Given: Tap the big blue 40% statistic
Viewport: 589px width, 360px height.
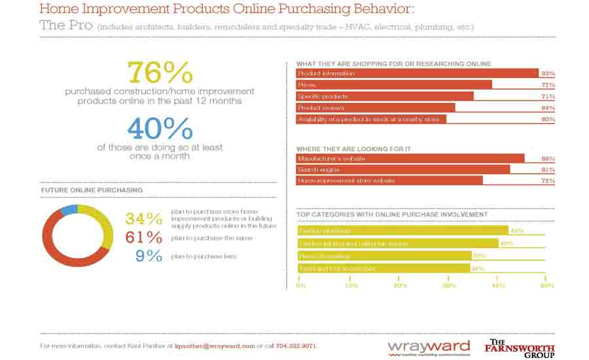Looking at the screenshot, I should pos(160,128).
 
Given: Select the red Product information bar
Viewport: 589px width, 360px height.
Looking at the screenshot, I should pos(417,73).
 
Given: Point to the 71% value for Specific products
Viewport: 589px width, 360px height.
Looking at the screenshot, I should pos(548,96).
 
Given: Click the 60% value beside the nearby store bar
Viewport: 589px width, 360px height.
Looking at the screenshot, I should pos(548,119).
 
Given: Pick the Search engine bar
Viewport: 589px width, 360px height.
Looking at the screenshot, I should pos(402,170).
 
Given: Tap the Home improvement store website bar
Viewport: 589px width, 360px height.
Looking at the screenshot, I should pos(389,181).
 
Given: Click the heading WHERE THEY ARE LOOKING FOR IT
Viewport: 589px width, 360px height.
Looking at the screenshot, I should pos(353,149).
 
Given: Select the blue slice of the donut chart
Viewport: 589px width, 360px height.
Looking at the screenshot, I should pos(69,209).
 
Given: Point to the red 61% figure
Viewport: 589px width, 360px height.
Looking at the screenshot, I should pos(143,237).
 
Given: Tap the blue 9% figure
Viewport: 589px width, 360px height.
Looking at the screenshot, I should pos(149,256).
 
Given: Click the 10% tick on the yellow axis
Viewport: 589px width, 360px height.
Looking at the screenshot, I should pos(350,285).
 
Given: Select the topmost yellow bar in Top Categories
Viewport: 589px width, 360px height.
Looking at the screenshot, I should pos(402,230).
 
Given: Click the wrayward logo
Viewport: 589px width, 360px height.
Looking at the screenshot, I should pos(429,347).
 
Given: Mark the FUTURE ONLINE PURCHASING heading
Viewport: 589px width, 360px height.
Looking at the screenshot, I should pos(92,190).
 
